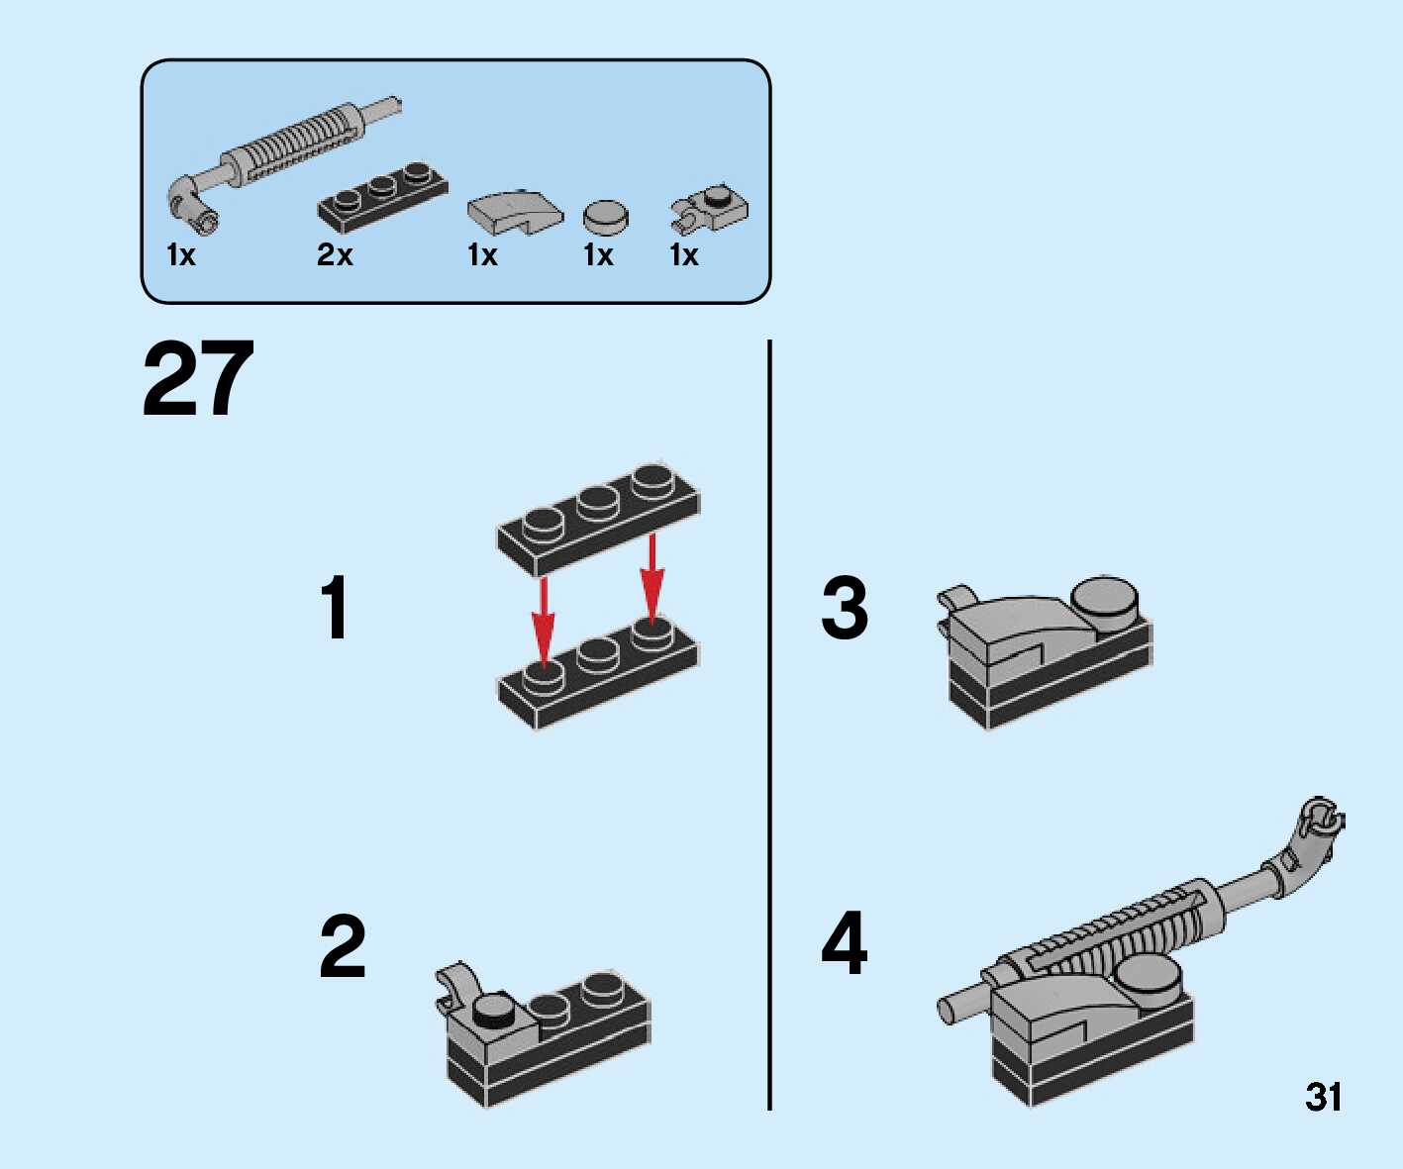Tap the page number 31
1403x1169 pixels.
click(x=1323, y=1097)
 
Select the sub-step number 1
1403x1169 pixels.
click(x=336, y=608)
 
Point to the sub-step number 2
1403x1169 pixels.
click(x=343, y=946)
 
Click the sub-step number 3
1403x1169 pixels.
click(x=845, y=608)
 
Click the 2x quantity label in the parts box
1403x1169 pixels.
click(x=335, y=254)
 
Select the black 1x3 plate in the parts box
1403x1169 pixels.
click(x=382, y=197)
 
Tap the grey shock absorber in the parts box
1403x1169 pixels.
click(x=283, y=164)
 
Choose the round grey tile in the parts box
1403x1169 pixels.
click(x=605, y=217)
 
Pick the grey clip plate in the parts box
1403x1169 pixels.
click(x=710, y=209)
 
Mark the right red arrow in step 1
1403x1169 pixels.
click(x=651, y=579)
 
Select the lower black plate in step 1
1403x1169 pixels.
click(x=598, y=672)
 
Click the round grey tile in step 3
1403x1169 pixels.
click(x=1105, y=604)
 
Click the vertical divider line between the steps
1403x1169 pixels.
click(x=770, y=725)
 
